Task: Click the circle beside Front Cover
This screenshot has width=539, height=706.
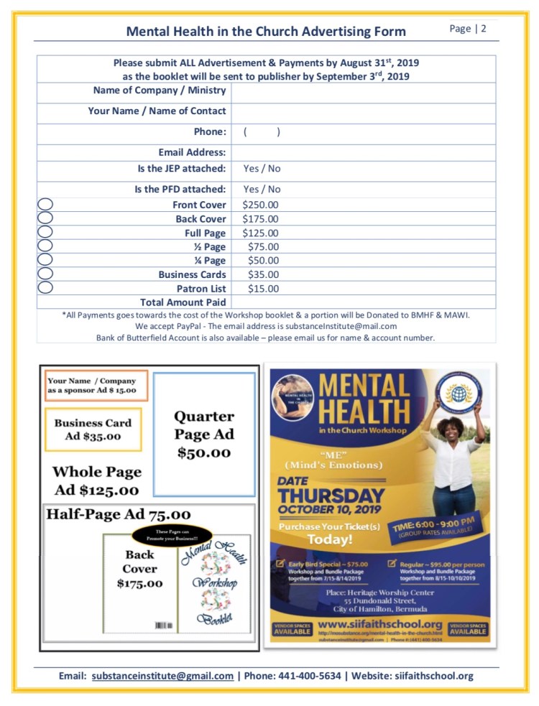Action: click(45, 205)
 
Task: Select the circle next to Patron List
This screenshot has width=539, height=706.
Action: click(45, 288)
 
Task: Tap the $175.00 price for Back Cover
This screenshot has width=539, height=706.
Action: click(260, 219)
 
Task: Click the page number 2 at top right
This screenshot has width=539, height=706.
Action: click(484, 29)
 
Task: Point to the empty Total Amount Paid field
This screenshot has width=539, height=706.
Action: click(363, 302)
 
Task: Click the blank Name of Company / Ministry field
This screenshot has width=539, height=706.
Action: click(363, 91)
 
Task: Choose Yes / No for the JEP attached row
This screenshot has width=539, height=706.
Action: click(262, 169)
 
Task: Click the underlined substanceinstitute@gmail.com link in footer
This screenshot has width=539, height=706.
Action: click(162, 676)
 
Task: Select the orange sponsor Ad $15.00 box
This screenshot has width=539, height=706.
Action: click(96, 386)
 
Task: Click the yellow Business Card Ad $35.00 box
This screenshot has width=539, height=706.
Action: click(93, 429)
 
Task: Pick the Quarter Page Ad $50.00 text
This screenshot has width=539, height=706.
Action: click(204, 434)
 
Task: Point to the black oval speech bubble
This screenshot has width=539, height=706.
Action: click(172, 535)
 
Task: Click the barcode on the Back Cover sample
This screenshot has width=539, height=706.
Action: click(160, 626)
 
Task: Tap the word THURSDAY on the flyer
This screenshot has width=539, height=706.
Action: click(331, 496)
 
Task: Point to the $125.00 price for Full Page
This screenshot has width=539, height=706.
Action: click(260, 233)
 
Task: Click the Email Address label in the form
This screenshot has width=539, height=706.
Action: click(192, 152)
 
